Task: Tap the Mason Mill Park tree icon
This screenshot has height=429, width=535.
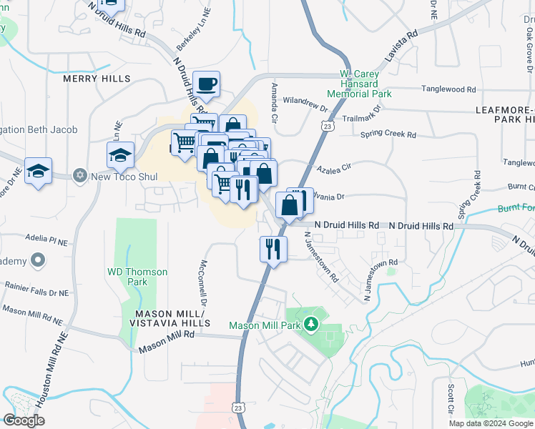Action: point(311,325)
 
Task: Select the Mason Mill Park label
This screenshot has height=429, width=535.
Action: point(264,325)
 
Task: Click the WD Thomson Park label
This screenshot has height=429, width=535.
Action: point(137,277)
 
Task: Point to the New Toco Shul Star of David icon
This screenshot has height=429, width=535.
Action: point(80,175)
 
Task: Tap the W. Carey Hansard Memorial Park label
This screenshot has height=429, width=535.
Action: point(359,84)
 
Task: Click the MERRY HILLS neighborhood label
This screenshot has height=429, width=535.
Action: point(97,78)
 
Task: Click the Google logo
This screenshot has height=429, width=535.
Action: point(24,420)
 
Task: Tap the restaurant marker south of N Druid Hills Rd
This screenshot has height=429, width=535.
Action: point(272,249)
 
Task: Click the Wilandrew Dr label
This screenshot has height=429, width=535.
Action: point(304,104)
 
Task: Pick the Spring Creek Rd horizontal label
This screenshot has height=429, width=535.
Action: point(388,134)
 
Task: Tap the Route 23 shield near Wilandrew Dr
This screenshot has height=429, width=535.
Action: point(327,126)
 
